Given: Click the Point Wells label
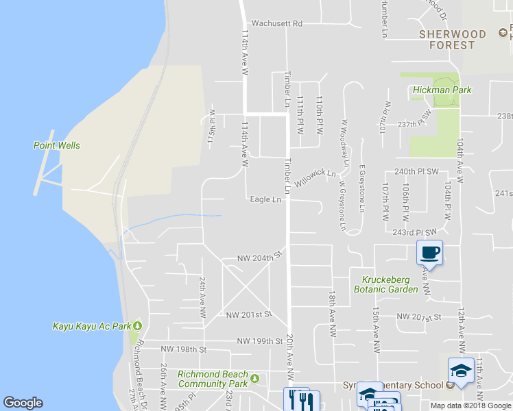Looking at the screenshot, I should click(x=56, y=145).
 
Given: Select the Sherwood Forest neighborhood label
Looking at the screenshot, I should click(x=452, y=40).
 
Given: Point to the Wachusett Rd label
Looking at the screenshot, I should click(x=277, y=23).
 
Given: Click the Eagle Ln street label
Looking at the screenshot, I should click(x=266, y=200).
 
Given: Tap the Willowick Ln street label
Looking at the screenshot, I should click(x=315, y=179).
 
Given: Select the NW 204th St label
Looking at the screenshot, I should click(x=261, y=258).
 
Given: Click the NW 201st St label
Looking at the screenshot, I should click(x=249, y=314).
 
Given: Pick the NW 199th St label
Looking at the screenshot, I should click(x=260, y=340).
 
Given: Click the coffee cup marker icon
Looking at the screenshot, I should click(x=430, y=253).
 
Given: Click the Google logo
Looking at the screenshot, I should click(x=23, y=403).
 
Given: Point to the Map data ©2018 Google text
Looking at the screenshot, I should click(x=470, y=406).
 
